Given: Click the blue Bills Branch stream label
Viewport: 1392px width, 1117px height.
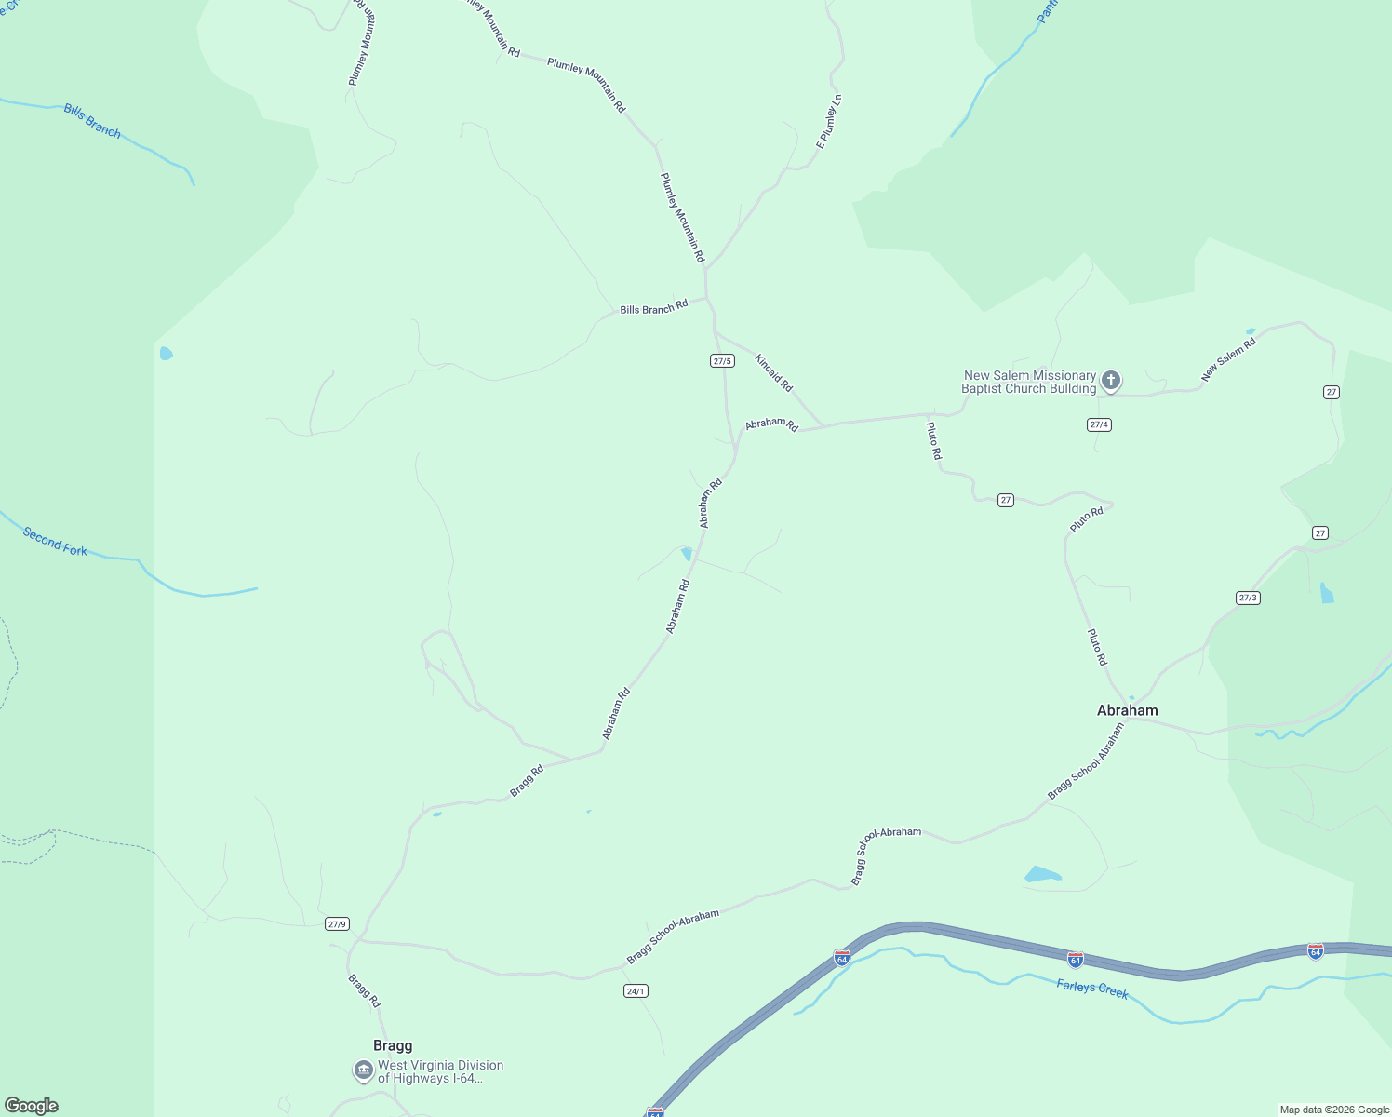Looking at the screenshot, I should coord(92,121).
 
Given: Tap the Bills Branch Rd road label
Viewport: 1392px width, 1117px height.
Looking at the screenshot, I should coord(653,307).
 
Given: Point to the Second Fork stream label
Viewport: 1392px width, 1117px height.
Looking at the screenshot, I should coord(55,542).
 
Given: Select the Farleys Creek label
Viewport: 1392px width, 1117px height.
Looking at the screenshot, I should coord(1091,989).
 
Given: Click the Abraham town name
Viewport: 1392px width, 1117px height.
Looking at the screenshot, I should coord(1127,710).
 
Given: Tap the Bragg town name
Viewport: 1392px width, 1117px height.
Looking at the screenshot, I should coord(393,1045).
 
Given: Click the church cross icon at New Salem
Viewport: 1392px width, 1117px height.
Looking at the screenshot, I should coord(1110,380).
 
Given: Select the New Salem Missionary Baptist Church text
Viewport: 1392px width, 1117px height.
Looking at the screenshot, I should coord(1029,382).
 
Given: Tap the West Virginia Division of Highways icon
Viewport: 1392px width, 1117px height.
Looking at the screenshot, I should coord(363,1071).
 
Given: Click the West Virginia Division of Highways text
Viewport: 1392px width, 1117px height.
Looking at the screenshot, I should coord(440,1071).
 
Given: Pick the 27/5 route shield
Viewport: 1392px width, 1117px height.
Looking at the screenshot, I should coord(722,360).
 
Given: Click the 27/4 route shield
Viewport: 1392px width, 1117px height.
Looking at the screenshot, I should coord(1099,424).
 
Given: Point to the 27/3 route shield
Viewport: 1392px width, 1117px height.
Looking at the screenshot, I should coord(1248,598).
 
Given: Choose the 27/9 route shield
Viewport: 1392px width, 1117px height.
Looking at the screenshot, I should coord(337,923).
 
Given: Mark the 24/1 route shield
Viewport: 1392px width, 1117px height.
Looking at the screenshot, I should coord(636,990).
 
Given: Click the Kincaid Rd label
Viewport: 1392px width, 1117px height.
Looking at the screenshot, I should coord(773,372).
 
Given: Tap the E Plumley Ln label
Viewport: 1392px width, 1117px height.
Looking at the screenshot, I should coord(828,121).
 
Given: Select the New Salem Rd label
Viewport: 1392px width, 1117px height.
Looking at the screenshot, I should coord(1228,359).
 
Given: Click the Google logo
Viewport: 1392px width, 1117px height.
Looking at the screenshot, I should coord(31,1106).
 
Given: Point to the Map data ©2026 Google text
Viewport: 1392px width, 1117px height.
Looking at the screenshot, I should coord(1334,1110).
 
